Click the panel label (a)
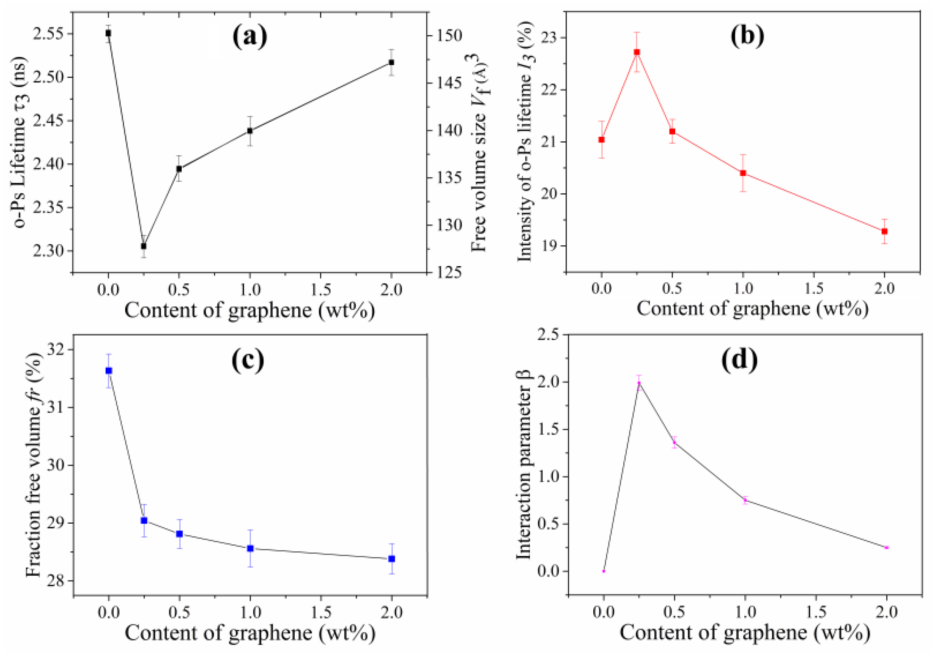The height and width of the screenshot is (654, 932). (x=249, y=36)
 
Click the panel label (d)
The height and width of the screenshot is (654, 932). (x=739, y=360)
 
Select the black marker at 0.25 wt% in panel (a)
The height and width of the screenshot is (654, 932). (x=144, y=246)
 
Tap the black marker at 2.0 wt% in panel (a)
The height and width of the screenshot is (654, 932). (x=392, y=63)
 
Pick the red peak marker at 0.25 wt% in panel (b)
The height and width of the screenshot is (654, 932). (x=637, y=52)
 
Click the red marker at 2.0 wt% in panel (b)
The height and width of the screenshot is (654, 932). (x=884, y=231)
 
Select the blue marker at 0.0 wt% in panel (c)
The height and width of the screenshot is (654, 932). (x=109, y=371)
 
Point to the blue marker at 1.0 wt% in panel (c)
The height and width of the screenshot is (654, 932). (x=250, y=548)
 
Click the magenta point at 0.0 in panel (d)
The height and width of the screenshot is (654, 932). (x=604, y=571)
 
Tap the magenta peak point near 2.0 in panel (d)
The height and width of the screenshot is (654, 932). (x=639, y=383)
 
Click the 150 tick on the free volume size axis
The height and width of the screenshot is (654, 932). (x=449, y=36)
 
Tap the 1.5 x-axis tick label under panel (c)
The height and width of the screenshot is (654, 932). (x=321, y=612)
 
